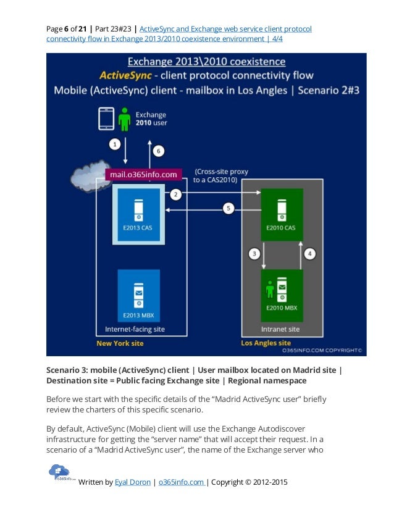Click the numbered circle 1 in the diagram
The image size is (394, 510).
(x=114, y=144)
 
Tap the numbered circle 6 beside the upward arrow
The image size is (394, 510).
(x=157, y=151)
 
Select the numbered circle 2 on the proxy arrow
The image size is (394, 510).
(x=176, y=195)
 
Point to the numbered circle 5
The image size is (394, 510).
(x=228, y=209)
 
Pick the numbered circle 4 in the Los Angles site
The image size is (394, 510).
(x=311, y=253)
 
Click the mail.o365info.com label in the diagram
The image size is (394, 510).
(x=144, y=175)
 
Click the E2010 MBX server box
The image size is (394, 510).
(x=282, y=295)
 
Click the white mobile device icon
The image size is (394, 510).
(x=106, y=119)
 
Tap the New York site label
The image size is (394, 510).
(x=120, y=343)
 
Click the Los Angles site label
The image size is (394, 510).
(x=266, y=343)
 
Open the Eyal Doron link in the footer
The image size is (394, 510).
(x=132, y=482)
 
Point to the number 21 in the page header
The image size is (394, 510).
(x=83, y=29)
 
